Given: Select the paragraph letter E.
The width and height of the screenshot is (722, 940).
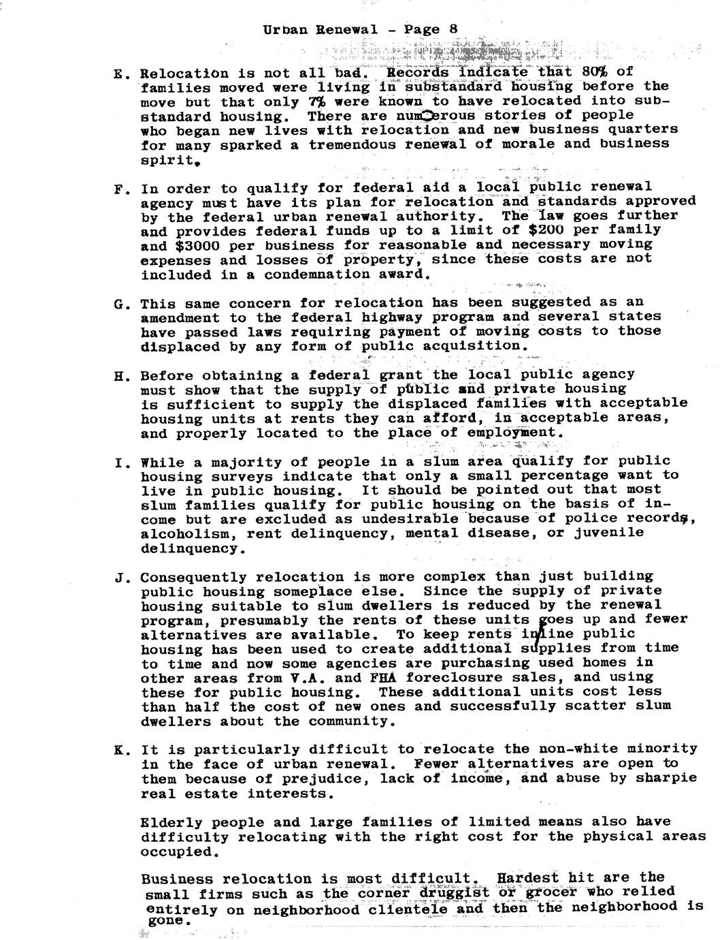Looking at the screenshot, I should [x=117, y=74].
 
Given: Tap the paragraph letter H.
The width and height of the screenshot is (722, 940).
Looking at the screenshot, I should [x=117, y=376].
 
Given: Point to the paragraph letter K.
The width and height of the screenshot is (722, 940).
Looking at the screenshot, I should [x=117, y=750].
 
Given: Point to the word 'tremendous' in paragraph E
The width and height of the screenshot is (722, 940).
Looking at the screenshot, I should [x=348, y=144].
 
